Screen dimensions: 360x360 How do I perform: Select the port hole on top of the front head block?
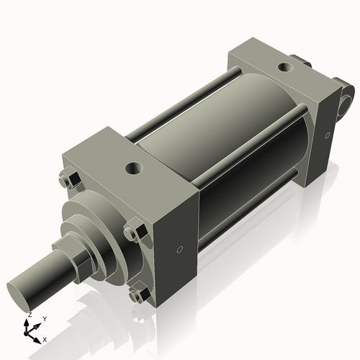pos(134,169)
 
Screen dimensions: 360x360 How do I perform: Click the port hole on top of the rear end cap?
pos(284,68)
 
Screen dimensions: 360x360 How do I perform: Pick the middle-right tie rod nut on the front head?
pos(131,233)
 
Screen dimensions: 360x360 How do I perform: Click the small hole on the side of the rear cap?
pos(327,134)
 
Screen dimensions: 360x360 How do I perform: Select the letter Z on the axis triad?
pos(28,315)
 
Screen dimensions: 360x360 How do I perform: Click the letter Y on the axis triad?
pos(44,318)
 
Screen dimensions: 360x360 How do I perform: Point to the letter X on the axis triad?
pos(45,338)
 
